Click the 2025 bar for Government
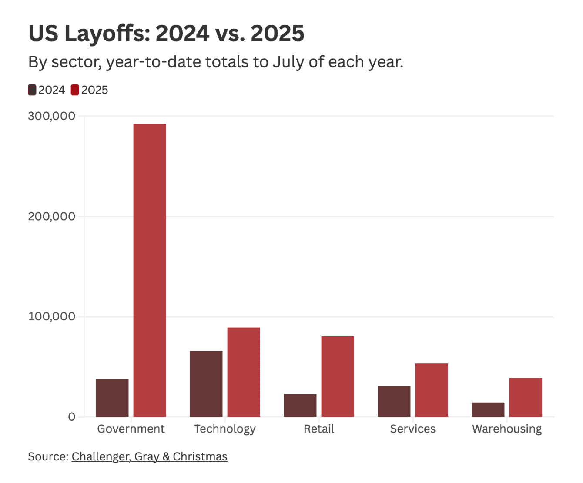[150, 270]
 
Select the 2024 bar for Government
[112, 398]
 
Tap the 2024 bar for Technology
[206, 384]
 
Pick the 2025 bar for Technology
[244, 372]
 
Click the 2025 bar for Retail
[338, 376]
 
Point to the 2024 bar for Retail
[300, 405]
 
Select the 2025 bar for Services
[432, 390]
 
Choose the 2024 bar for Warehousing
[488, 409]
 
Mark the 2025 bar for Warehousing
[526, 397]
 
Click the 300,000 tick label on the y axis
[52, 116]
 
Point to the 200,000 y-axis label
[52, 216]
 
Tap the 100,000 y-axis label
[52, 316]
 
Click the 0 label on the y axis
[72, 417]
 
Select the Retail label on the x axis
[319, 429]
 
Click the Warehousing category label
[507, 429]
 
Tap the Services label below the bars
[413, 429]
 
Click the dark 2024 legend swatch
[32, 90]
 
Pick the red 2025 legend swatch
[75, 90]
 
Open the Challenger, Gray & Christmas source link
[149, 456]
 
